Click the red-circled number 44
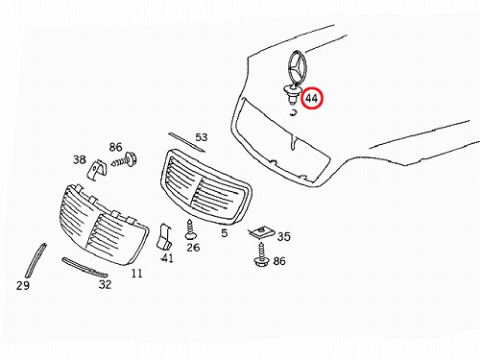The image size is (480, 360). click(312, 98)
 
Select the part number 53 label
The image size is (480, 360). click(202, 137)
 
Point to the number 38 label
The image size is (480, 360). click(80, 159)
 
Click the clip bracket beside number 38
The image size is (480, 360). click(97, 170)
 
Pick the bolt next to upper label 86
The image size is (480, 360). click(124, 160)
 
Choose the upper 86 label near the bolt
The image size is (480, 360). click(115, 147)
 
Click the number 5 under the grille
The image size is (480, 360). click(225, 233)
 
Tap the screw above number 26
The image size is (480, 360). click(190, 229)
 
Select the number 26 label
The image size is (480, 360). click(193, 248)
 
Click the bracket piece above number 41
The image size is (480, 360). click(164, 237)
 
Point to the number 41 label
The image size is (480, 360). click(167, 257)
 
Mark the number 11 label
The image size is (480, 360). click(136, 274)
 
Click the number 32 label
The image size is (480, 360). click(105, 284)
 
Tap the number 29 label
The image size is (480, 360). click(23, 285)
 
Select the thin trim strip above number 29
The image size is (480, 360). click(36, 261)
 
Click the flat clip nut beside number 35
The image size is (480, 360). click(261, 232)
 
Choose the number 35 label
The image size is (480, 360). click(284, 237)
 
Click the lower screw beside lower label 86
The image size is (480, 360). click(261, 254)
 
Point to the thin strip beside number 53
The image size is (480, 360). click(187, 142)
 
